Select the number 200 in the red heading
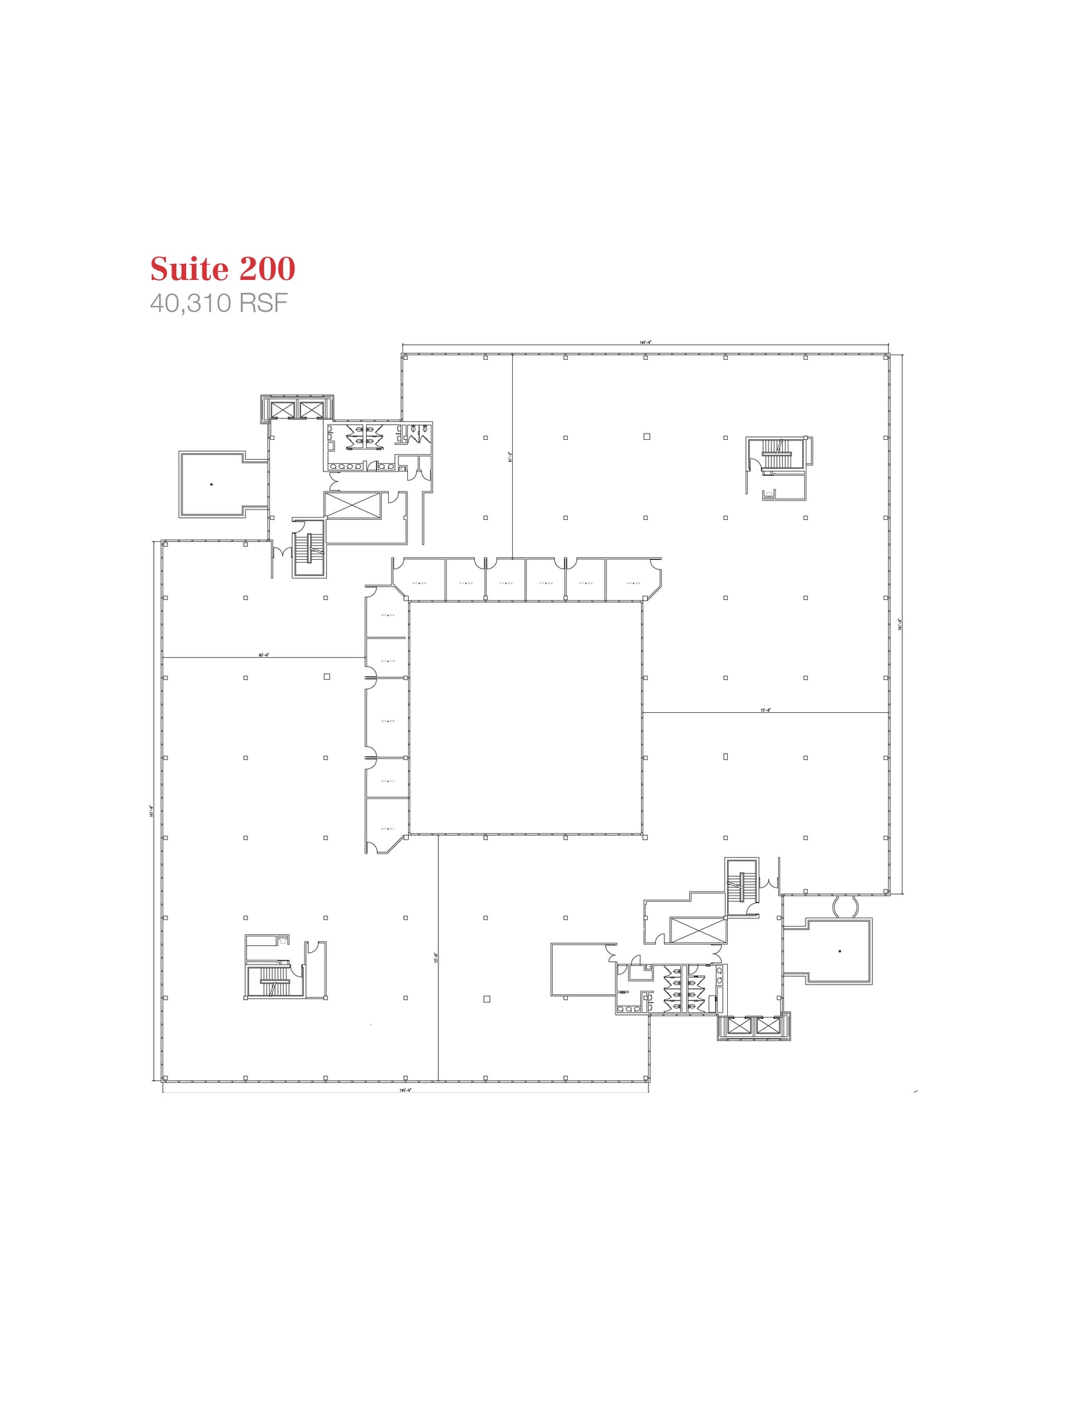click(x=267, y=269)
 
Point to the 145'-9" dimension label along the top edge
click(x=645, y=342)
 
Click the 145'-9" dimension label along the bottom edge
click(x=405, y=1090)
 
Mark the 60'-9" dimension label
click(x=263, y=655)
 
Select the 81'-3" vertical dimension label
click(x=510, y=456)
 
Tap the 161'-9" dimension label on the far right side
click(x=899, y=624)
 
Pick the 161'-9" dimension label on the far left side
click(x=151, y=811)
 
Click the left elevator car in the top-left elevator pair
click(x=283, y=410)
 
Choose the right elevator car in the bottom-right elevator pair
click(x=767, y=1026)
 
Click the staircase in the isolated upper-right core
click(x=776, y=453)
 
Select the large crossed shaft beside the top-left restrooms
click(x=352, y=505)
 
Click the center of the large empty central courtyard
click(x=525, y=717)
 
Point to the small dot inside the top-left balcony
click(x=212, y=485)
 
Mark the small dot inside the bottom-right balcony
click(x=839, y=951)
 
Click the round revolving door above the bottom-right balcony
click(x=844, y=906)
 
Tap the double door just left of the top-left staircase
click(x=281, y=553)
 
